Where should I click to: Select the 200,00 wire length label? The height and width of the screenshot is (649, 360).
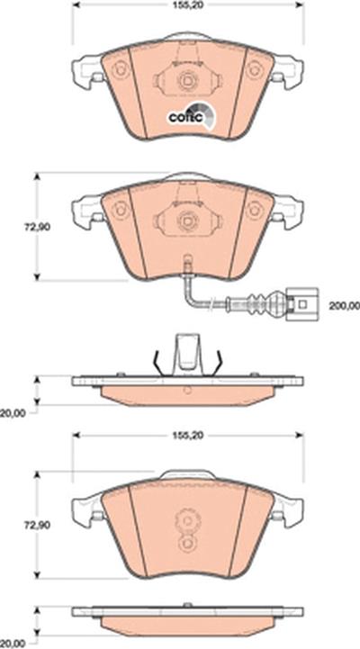tap(345, 306)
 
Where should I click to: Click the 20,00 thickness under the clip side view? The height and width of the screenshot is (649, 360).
tap(13, 413)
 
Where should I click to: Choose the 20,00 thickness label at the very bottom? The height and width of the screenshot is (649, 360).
tap(13, 644)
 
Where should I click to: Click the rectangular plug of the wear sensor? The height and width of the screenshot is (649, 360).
tap(303, 304)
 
